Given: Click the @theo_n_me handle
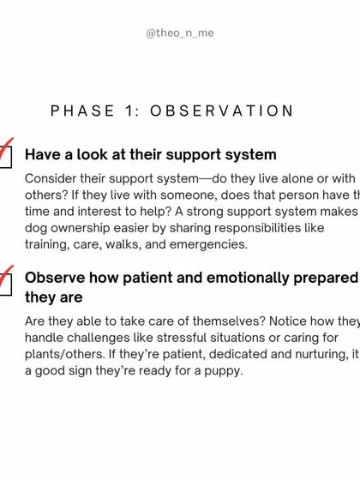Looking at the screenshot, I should coord(180,33).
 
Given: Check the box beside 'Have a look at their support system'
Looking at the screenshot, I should coord(5,156).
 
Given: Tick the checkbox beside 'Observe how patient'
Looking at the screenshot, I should coord(5,284).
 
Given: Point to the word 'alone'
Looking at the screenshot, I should coord(289,178).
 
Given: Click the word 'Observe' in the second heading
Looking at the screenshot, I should coord(57,278).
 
